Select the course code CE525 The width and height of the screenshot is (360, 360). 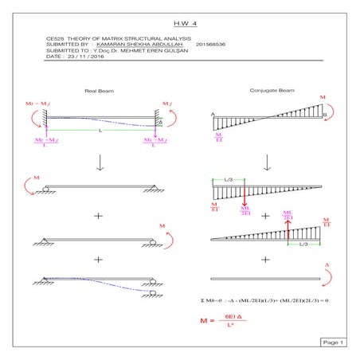coord(54,38)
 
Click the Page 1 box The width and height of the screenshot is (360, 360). coord(333,342)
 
